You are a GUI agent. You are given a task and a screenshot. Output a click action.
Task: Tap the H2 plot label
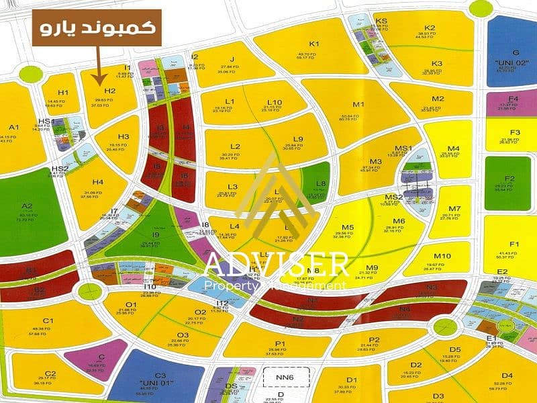109,91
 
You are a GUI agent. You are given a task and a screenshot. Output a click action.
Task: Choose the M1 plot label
358,104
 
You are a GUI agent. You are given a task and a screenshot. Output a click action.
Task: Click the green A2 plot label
27,207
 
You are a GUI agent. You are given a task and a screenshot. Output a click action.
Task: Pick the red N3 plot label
432,287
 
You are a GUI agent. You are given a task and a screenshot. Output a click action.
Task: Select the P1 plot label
281,345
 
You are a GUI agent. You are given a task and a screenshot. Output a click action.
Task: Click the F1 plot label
514,244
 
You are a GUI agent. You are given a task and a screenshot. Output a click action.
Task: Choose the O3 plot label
183,334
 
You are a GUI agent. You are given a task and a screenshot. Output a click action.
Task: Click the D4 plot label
507,375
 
